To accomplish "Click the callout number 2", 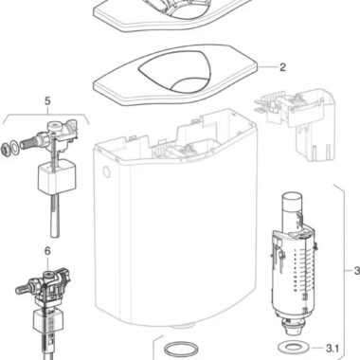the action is click(282, 67).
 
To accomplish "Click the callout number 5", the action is click(47, 101).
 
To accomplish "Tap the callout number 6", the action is click(47, 251).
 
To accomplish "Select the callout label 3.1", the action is click(333, 349).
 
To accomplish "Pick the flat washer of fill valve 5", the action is click(14, 146).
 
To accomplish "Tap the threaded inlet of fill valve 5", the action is click(29, 143).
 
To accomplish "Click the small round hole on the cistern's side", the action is click(107, 172).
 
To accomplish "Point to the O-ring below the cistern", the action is click(181, 349).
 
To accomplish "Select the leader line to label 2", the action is click(267, 67).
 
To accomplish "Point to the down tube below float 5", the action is click(55, 215).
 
